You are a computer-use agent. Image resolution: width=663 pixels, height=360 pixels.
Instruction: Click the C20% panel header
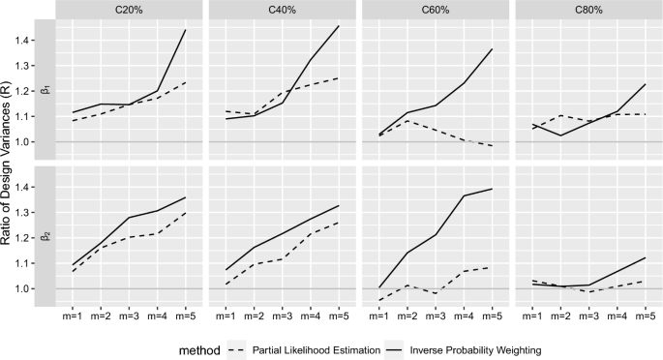click(x=129, y=10)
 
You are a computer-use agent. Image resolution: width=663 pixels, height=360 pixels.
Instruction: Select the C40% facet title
click(x=282, y=10)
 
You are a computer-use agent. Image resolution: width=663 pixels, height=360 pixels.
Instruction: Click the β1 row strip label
click(x=44, y=90)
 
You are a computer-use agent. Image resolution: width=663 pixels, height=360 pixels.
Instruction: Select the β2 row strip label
click(x=44, y=235)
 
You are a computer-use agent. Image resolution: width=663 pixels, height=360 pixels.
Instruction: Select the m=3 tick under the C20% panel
click(x=129, y=315)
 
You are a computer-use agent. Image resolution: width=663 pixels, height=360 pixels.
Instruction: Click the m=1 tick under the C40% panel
click(x=226, y=315)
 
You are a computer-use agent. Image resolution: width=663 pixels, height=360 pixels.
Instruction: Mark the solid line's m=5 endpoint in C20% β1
click(x=185, y=30)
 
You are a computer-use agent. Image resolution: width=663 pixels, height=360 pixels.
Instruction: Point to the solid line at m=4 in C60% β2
click(x=463, y=195)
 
